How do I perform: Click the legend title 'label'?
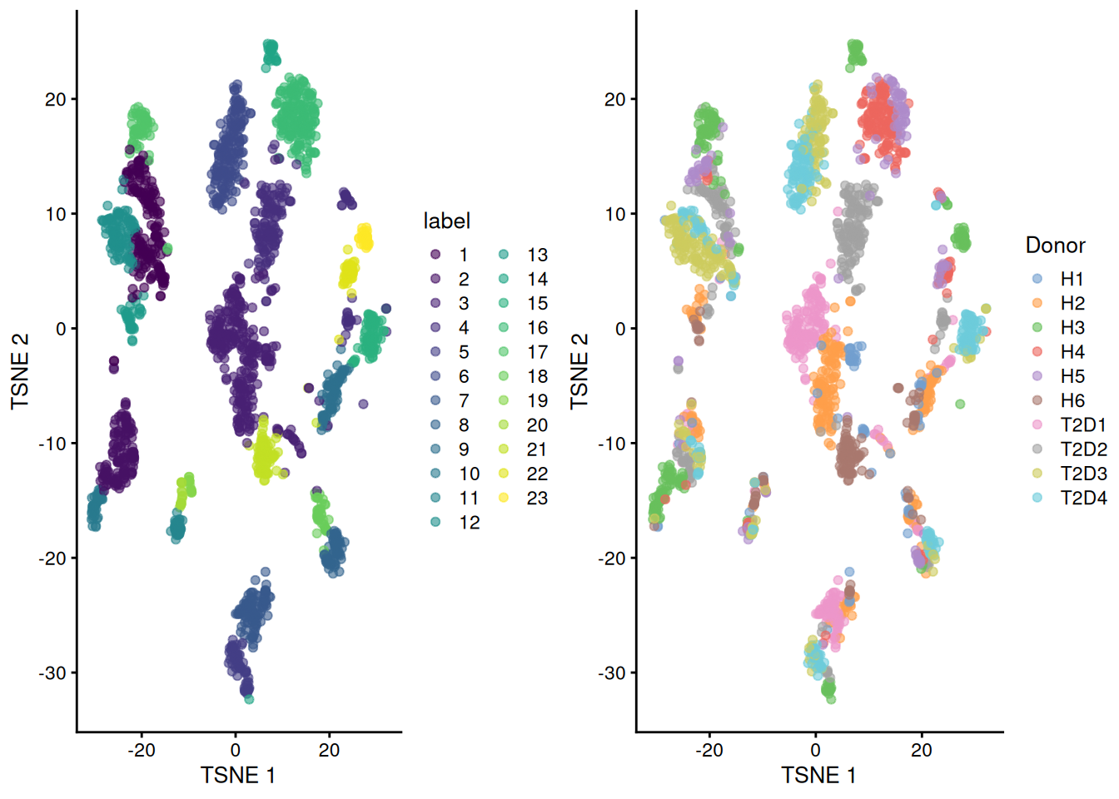(x=446, y=221)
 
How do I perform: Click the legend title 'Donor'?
(x=1055, y=245)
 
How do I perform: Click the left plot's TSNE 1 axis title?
(x=238, y=775)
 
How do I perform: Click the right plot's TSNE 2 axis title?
(x=579, y=371)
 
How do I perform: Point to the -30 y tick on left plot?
(x=52, y=672)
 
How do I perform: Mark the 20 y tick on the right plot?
(x=614, y=99)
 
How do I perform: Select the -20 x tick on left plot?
(x=142, y=750)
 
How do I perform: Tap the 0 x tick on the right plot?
(x=815, y=750)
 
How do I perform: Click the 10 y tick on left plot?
(x=55, y=214)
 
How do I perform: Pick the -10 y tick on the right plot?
(x=611, y=443)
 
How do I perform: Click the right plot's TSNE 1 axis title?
(x=818, y=775)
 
